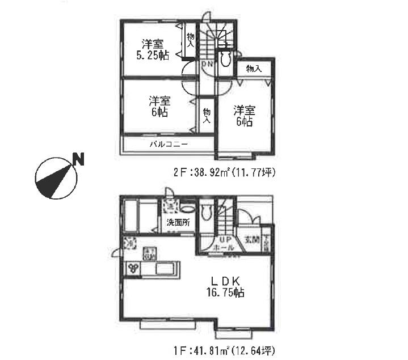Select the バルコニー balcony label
(x=169, y=144)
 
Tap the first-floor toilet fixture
(x=207, y=213)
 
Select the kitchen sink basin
(x=167, y=268)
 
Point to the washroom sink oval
(x=187, y=209)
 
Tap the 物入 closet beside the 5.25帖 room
(x=190, y=40)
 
